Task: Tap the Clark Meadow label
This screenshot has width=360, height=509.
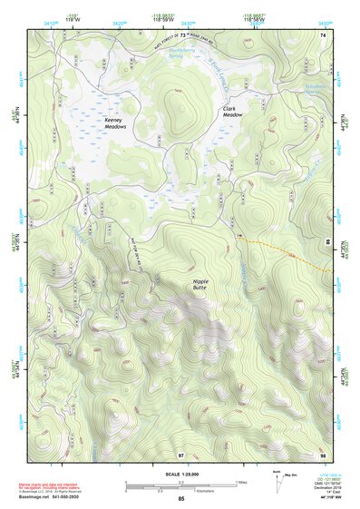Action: pyautogui.click(x=234, y=112)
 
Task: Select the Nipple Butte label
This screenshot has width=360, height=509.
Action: pyautogui.click(x=201, y=286)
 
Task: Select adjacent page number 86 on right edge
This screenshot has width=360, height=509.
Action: pyautogui.click(x=326, y=241)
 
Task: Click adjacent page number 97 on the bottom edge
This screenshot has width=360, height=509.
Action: pyautogui.click(x=180, y=454)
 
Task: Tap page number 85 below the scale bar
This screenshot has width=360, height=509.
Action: pyautogui.click(x=181, y=499)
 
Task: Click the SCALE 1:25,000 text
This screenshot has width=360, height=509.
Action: pyautogui.click(x=180, y=475)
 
